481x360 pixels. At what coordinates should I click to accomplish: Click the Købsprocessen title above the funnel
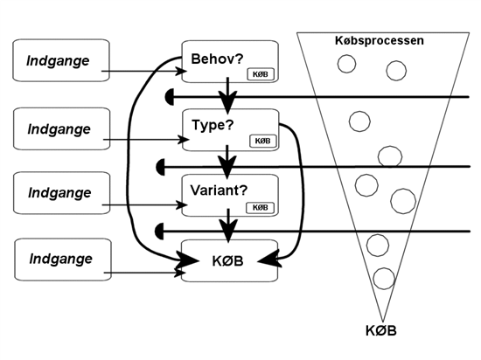(x=380, y=41)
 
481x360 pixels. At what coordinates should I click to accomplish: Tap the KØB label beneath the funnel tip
(x=381, y=331)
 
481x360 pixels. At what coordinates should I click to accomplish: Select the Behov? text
(x=217, y=59)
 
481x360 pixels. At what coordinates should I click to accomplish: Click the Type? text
(x=213, y=125)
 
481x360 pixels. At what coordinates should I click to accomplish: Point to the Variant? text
(x=219, y=190)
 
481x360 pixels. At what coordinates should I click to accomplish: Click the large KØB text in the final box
(x=227, y=261)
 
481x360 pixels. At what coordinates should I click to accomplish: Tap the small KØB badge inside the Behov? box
(x=261, y=74)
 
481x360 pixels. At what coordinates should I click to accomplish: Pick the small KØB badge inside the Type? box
(x=263, y=141)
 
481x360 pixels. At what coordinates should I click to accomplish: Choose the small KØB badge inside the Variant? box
(x=260, y=207)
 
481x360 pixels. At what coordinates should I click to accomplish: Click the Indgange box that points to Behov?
(x=61, y=60)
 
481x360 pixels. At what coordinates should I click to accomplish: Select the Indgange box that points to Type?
(x=62, y=128)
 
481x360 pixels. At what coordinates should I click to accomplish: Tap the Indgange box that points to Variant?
(x=62, y=193)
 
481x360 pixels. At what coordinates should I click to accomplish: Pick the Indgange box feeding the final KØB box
(x=63, y=260)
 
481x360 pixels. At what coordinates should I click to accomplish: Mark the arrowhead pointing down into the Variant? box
(x=227, y=167)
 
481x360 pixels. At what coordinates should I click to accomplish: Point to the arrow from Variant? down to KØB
(x=228, y=225)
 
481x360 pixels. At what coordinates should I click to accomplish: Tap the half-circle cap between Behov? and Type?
(x=169, y=97)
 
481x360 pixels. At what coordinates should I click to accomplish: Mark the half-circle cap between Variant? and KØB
(x=160, y=232)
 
